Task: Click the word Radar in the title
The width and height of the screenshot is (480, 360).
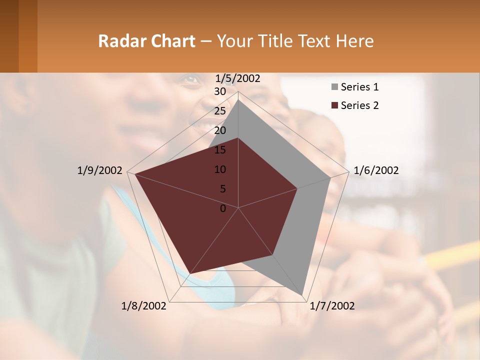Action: (119, 41)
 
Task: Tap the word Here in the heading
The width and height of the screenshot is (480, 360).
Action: (355, 41)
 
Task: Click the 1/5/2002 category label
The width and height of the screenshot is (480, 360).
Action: (237, 78)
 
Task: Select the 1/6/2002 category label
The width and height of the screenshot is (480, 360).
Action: (376, 170)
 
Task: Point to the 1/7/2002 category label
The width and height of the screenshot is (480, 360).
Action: (332, 306)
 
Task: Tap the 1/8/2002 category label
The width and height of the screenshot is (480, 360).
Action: (144, 306)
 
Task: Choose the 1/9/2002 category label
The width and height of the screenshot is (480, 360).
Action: (99, 170)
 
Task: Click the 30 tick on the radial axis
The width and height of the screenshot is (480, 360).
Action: (220, 92)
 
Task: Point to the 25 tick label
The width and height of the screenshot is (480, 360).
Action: (220, 111)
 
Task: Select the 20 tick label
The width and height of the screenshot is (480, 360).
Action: (220, 130)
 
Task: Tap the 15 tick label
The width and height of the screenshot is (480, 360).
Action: (220, 150)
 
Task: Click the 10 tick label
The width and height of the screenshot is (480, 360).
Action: (220, 169)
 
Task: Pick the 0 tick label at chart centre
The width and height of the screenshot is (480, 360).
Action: (223, 208)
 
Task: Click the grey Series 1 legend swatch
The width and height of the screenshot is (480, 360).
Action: (334, 87)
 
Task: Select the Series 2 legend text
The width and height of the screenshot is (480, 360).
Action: (359, 105)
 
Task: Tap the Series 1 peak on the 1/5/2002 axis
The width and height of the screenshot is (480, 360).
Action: (238, 99)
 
